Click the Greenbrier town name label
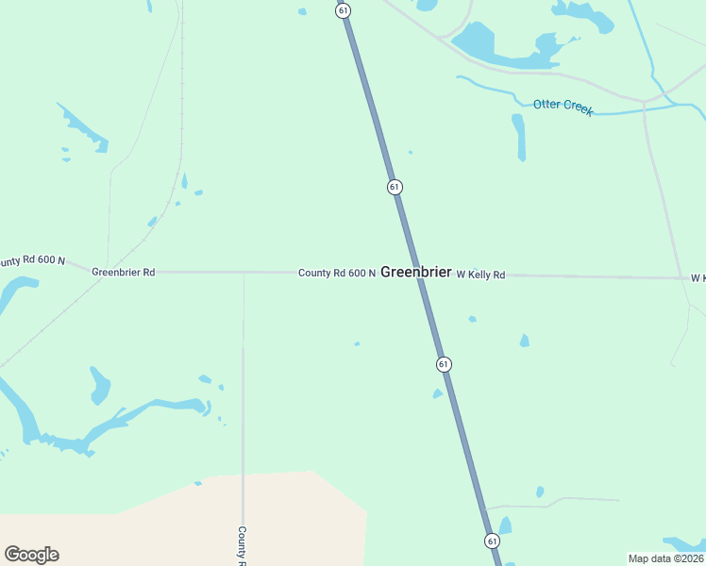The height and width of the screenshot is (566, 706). (x=416, y=273)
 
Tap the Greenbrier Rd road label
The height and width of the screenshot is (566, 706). (x=123, y=272)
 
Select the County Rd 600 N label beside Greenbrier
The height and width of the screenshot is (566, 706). (x=337, y=274)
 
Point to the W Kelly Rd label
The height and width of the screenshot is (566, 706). (x=480, y=275)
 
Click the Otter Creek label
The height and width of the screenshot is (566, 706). (x=563, y=107)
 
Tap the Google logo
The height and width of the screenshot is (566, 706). (x=31, y=555)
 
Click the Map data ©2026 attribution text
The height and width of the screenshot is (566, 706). (x=665, y=558)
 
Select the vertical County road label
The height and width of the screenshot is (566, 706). (x=242, y=545)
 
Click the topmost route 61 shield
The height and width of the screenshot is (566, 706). (x=343, y=9)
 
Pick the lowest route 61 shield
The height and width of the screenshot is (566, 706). (x=493, y=541)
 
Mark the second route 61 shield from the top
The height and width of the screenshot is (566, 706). (x=395, y=187)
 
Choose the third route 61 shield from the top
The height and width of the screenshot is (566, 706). (x=444, y=364)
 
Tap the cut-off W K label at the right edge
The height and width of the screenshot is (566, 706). (x=698, y=278)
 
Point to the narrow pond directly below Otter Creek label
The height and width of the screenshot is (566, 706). (x=518, y=137)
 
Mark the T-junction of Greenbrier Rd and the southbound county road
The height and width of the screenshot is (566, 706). (x=244, y=273)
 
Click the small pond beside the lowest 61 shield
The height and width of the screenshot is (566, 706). (x=505, y=524)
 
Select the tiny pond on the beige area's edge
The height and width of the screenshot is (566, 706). (x=197, y=483)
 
